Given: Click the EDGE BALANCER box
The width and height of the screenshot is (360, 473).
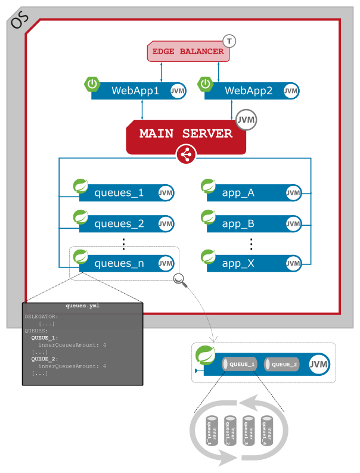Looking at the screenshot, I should point(188,52).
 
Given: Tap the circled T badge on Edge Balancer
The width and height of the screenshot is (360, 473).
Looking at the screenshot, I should point(229,41).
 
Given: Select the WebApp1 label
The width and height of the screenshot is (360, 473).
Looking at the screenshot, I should point(135,91).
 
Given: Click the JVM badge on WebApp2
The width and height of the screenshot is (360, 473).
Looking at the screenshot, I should point(291,91).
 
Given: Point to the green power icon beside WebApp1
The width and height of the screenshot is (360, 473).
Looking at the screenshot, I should point(92,84).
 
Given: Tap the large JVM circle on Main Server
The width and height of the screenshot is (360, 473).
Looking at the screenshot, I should point(246,120).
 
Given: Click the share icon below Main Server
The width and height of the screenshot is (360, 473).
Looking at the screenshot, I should point(186,155).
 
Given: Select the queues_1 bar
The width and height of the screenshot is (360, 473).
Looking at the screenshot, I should point(126,193).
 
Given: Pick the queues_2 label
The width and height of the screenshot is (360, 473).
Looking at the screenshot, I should point(119,224).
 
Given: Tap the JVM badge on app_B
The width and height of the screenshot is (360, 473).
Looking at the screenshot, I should point(293,224).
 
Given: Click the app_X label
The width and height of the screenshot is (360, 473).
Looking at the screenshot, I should point(238,263).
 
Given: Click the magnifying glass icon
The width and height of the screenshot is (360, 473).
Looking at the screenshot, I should point(180,280).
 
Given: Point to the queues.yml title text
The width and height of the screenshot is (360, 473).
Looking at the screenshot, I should point(82,306).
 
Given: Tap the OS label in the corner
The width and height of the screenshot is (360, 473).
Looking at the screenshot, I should point(20,21).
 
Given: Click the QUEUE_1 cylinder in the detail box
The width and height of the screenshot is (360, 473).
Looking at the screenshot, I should point(239,365).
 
